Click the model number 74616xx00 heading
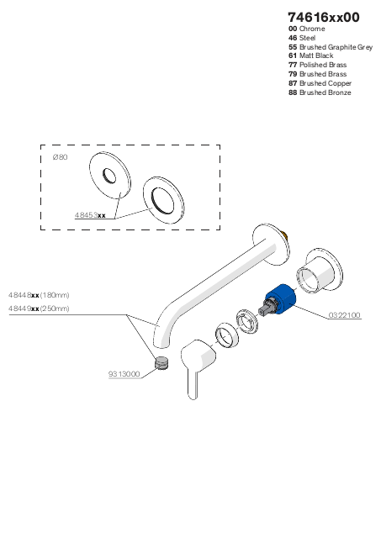[324, 17]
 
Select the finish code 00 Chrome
[306, 29]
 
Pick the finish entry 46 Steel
[302, 38]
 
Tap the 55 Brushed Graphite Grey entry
[331, 47]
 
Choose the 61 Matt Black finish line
[311, 55]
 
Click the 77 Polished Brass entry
[318, 65]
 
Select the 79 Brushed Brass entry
[318, 74]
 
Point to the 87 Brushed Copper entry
[320, 83]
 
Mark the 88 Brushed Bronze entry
[320, 92]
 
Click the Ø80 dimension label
[60, 157]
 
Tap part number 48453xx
[90, 215]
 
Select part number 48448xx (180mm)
[39, 295]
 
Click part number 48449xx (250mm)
[39, 309]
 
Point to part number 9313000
[124, 374]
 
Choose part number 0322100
[344, 315]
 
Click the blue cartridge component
[282, 298]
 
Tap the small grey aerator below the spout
[162, 363]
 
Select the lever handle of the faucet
[198, 364]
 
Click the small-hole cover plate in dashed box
[110, 175]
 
